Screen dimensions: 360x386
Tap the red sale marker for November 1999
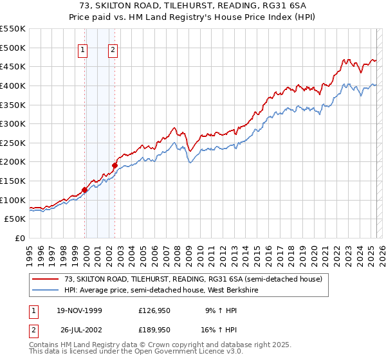pos(84,190)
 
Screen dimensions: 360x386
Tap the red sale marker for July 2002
pos(115,165)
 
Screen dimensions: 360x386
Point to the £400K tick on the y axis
pos(13,85)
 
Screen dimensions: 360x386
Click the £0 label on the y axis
pos(20,238)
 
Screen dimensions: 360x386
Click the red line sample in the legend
pos(46,279)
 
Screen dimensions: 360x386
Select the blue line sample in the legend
pos(46,290)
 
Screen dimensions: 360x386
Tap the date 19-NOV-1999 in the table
pos(77,310)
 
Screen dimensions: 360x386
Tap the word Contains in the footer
pos(45,346)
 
